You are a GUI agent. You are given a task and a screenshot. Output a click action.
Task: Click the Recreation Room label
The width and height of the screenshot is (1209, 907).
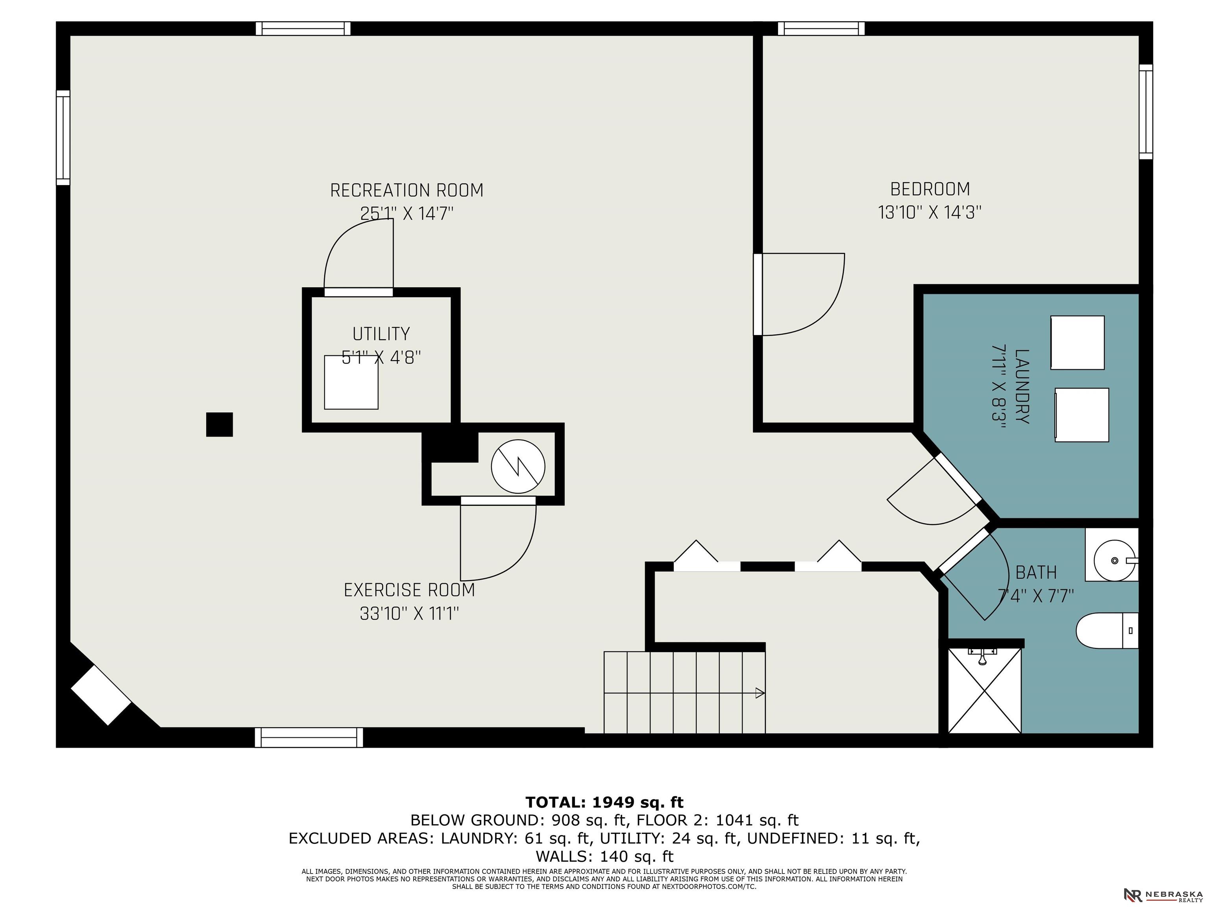(407, 190)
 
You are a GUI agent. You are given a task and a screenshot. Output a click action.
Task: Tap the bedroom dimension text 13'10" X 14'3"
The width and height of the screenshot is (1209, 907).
(930, 212)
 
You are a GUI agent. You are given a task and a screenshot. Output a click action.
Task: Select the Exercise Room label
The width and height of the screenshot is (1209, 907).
(409, 590)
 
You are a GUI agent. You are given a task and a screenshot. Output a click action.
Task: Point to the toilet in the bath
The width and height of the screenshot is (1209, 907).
(1107, 630)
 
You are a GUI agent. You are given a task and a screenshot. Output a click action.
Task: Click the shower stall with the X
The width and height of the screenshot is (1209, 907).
(984, 690)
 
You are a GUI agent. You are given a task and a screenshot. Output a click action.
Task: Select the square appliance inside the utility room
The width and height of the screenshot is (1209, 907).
(351, 382)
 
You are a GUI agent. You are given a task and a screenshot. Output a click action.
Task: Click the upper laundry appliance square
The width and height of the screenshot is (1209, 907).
(1077, 342)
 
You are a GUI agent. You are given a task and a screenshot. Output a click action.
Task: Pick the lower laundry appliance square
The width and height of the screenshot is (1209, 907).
(1081, 415)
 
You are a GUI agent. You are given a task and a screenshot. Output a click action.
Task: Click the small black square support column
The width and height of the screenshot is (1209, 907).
(219, 424)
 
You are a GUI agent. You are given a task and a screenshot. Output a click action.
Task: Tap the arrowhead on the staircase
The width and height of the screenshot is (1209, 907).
(760, 693)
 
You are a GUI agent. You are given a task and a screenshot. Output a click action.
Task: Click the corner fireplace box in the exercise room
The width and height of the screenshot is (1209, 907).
(102, 695)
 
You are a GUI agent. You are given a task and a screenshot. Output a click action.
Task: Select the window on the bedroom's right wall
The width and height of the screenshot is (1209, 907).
(1146, 112)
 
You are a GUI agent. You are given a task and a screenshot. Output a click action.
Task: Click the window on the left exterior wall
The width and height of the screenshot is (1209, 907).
(63, 138)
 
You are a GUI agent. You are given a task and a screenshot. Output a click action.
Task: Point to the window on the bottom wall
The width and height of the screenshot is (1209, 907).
(309, 737)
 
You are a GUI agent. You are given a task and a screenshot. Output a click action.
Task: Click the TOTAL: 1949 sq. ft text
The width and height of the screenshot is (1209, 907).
(604, 802)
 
